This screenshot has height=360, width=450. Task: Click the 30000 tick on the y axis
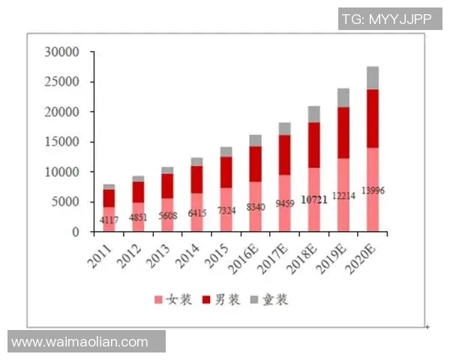point(62,52)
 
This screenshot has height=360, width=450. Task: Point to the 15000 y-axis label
point(62,142)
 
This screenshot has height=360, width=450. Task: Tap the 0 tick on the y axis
point(75,232)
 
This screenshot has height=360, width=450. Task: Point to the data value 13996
point(373,191)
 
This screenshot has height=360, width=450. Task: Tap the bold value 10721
point(314,201)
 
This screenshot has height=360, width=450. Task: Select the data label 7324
point(226,211)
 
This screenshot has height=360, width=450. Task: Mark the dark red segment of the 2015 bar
point(226,172)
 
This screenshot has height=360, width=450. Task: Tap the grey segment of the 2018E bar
point(314,114)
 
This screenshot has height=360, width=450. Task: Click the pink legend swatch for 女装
point(158,300)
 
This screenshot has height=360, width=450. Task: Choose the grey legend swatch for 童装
point(255,300)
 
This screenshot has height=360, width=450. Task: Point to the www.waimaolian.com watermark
point(80,342)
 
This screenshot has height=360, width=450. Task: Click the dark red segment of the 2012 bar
point(139,192)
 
